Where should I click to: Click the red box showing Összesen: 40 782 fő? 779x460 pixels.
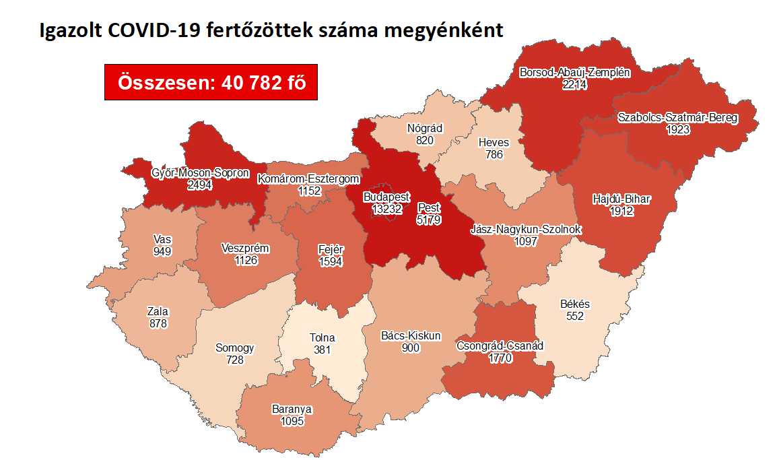pos(211,82)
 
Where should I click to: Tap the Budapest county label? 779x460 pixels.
pos(386,197)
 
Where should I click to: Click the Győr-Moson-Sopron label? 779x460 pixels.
pos(200,173)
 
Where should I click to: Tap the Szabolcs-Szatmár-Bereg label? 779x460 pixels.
pos(677,118)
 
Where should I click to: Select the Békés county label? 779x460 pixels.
pos(574,304)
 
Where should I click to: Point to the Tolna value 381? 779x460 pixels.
pos(323,350)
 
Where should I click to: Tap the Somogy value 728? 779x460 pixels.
pos(234,360)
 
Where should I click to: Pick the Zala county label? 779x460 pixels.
pos(158,312)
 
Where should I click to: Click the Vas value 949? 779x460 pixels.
pos(162,251)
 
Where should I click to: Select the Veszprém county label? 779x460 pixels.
pos(245,249)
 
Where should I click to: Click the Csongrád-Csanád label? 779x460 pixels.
pos(500,346)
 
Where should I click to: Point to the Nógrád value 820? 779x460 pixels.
pos(425,140)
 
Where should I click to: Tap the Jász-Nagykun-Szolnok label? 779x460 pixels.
pos(536,230)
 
